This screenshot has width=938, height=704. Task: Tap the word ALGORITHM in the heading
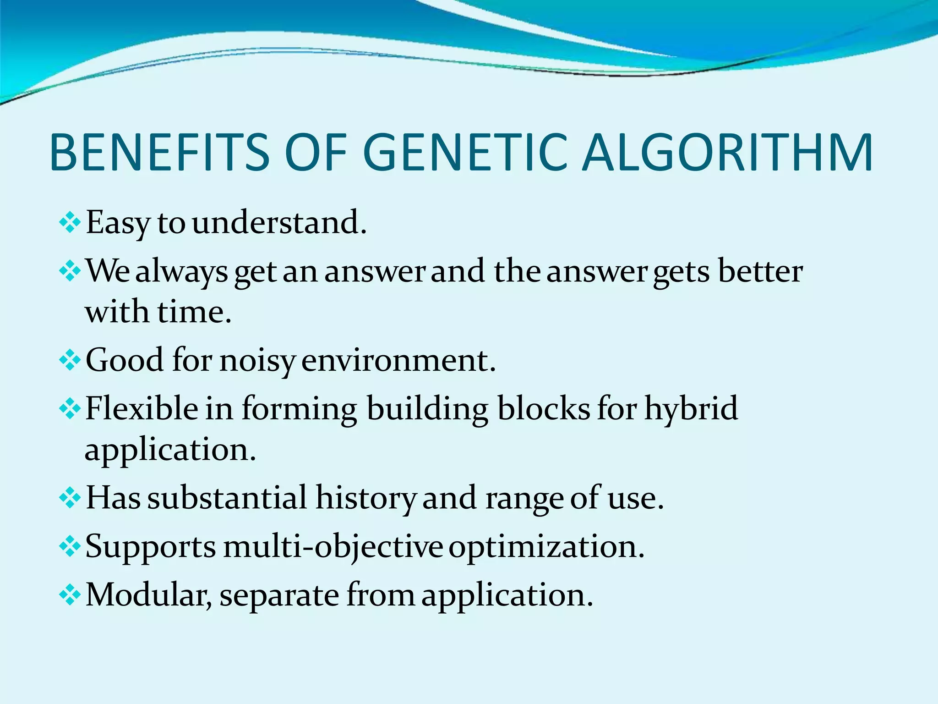point(728,153)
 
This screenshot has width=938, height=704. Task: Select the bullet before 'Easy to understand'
point(70,223)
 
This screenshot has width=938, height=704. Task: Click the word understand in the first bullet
point(279,222)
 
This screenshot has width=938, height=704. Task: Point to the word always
point(181,271)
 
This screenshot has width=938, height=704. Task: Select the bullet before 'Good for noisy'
point(70,361)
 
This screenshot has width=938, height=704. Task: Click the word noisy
point(257,361)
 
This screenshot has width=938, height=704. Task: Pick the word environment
point(398,360)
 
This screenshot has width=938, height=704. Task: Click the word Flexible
point(141,407)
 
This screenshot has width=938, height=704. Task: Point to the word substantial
point(227,497)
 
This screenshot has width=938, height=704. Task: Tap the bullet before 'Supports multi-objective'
point(70,547)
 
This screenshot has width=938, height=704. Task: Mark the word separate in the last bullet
point(279,595)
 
